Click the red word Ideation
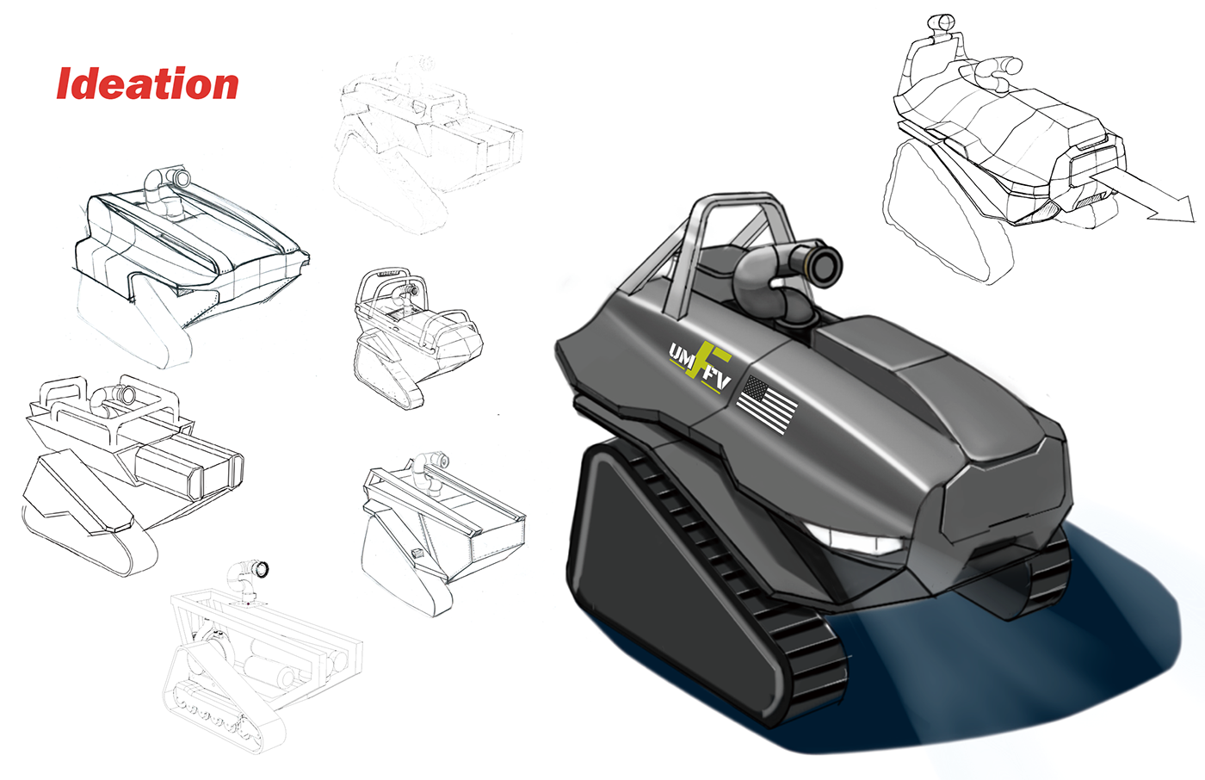point(147,84)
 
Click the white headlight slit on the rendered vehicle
point(857,542)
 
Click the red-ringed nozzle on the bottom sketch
point(259,569)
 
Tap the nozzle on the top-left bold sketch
point(181,178)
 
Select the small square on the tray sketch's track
point(417,553)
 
